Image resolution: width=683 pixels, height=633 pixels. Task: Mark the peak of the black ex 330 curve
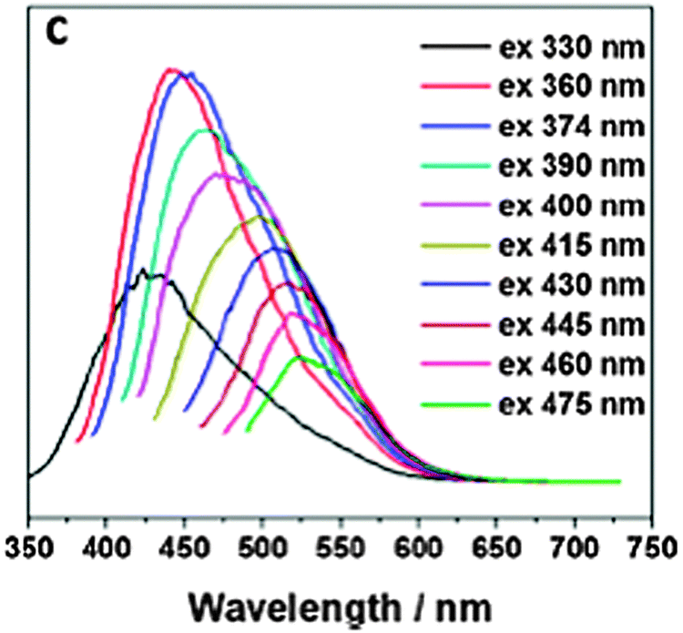[142, 270]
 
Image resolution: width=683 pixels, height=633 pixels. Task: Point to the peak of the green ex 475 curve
[300, 357]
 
